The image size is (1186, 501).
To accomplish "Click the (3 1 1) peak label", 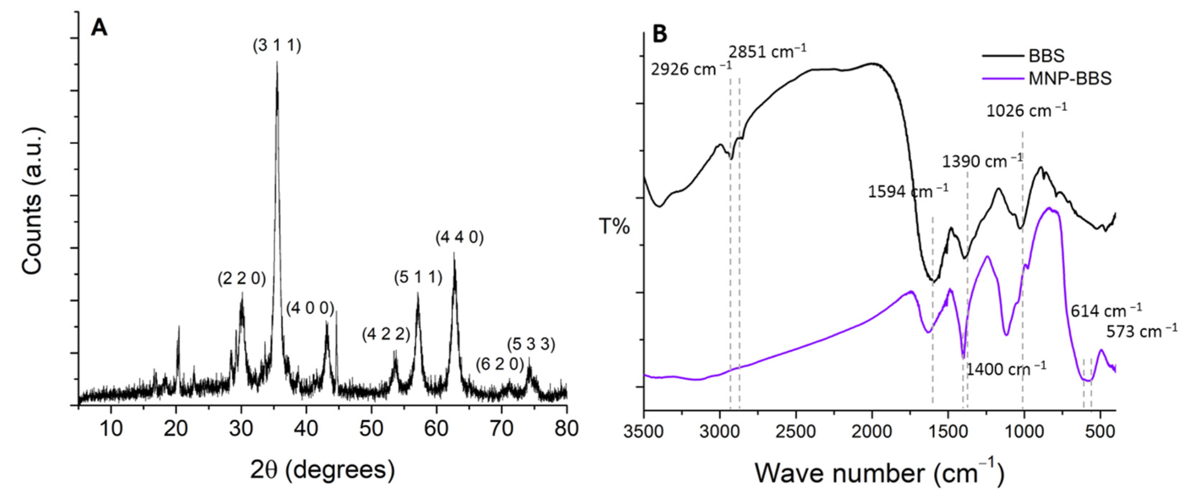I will coord(277,46).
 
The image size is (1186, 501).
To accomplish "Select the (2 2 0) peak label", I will coord(242,279).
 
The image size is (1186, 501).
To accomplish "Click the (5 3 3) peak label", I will coord(531,344).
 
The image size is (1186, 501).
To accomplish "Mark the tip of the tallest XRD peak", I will coord(277,62).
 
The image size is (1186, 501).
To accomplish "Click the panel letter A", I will coord(99,28).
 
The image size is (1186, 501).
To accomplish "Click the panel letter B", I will coord(660,34).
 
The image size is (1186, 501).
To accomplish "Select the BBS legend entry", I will coord(1046,56).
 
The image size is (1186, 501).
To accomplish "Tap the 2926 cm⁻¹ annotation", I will coord(691,70).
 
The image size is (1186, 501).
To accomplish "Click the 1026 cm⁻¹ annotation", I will coord(1026,111).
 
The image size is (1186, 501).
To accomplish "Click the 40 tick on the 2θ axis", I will coord(306,429).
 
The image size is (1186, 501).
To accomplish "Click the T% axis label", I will coord(614,227).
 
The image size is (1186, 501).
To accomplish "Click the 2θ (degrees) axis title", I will coord(322,470).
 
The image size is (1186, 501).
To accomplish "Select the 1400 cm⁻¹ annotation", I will coord(1006,369).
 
